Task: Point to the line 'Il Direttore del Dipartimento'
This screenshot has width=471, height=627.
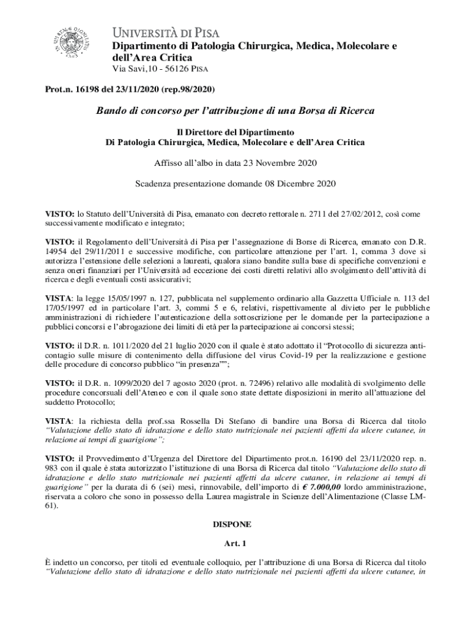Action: point(236,132)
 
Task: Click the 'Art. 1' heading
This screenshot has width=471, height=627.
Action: point(236,543)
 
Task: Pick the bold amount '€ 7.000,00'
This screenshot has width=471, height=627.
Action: point(332,487)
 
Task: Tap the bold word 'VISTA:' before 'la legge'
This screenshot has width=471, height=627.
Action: point(60,298)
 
